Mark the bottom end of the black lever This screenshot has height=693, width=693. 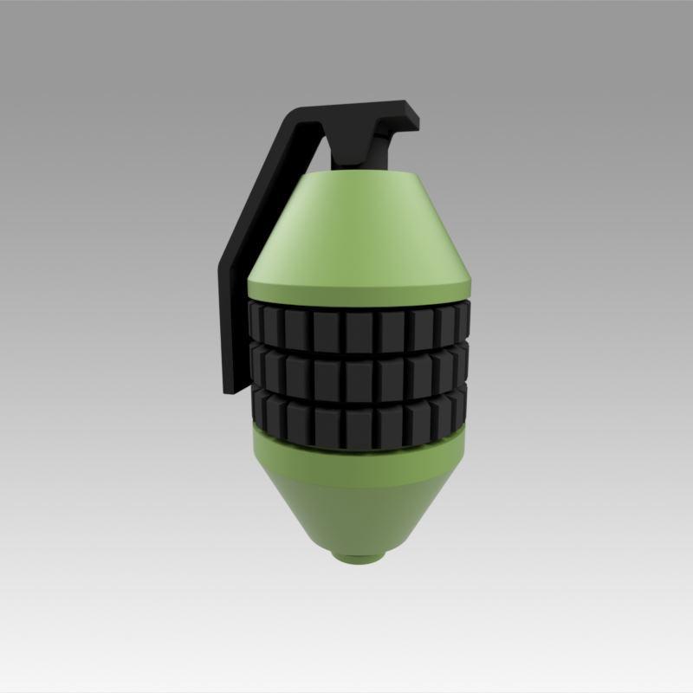coord(231,388)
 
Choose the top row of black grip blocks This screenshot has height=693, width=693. coord(360,324)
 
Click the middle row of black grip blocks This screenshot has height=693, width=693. coord(360,372)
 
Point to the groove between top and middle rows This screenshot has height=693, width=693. coord(360,350)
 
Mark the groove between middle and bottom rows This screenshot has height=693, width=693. coord(360,396)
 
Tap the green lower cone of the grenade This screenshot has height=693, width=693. coord(360,511)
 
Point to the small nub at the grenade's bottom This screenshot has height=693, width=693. coord(360,554)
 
